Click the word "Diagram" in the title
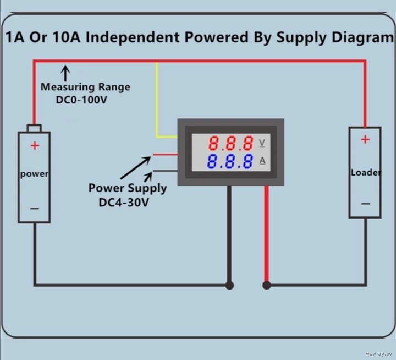[362, 38]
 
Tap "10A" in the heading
[67, 37]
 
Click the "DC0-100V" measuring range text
[81, 100]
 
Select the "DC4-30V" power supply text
[124, 203]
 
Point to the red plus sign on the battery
[35, 146]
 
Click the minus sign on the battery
[35, 209]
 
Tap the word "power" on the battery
[34, 174]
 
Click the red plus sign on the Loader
[365, 139]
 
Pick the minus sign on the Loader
[365, 204]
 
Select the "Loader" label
[366, 172]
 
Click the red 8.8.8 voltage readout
[230, 143]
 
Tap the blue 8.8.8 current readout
[230, 161]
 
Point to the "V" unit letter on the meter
[262, 143]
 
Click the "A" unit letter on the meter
[262, 161]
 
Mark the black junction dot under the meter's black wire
[229, 286]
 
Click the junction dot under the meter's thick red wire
[267, 286]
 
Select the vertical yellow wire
[157, 100]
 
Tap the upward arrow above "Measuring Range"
[65, 73]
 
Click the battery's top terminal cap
[34, 128]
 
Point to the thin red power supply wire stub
[165, 155]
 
